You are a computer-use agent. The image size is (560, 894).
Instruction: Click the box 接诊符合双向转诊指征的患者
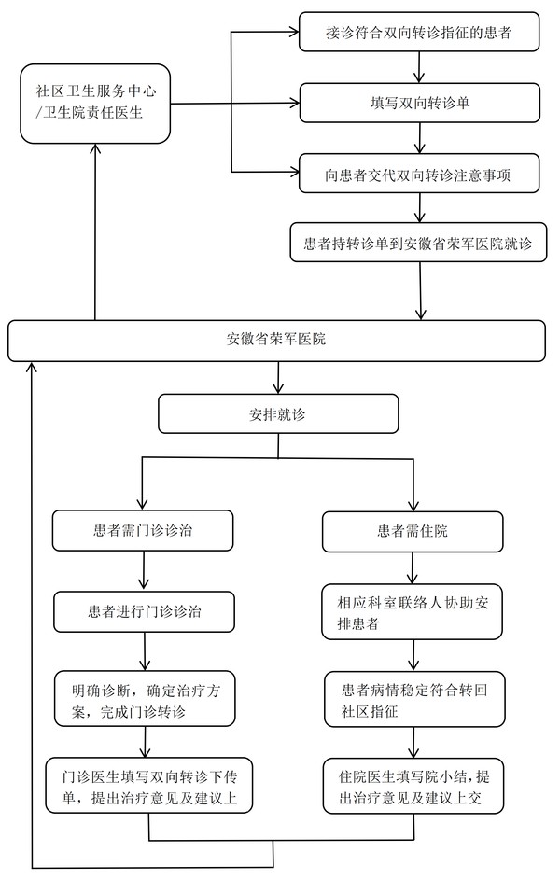tap(420, 33)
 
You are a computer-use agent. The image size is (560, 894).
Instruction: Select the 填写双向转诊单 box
tap(420, 102)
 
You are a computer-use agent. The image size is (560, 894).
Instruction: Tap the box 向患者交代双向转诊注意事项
tap(420, 174)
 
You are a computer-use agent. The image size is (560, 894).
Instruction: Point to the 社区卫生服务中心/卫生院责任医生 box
tap(95, 104)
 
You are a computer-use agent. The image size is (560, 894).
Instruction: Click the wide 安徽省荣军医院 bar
tap(276, 340)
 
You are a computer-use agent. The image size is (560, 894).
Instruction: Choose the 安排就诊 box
tap(278, 413)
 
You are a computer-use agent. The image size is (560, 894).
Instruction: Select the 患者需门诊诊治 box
tap(143, 530)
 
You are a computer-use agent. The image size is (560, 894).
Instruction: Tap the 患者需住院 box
tap(413, 530)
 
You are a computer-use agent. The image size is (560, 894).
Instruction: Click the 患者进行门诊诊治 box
tap(145, 612)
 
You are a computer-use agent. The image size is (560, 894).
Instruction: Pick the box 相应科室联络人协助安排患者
tap(413, 613)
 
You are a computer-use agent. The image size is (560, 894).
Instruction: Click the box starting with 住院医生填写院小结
tap(414, 785)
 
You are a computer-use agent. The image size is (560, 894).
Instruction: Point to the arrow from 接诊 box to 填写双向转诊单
tap(422, 67)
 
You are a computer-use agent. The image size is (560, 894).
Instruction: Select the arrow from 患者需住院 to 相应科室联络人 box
tap(412, 567)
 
